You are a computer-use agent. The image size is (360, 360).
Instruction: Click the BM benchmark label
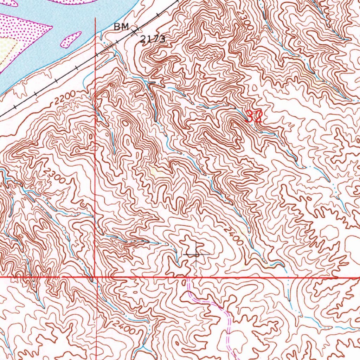pos(121,27)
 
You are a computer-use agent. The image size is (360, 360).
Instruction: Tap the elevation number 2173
pos(153,39)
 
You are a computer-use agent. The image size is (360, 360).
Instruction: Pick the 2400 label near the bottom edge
pos(124,327)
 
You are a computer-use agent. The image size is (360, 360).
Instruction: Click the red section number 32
pos(253,116)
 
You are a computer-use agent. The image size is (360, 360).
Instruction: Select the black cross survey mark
pos(196,253)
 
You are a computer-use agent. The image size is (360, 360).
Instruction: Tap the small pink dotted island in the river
pos(71,39)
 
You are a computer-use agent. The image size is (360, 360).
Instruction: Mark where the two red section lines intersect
pos(95,277)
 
